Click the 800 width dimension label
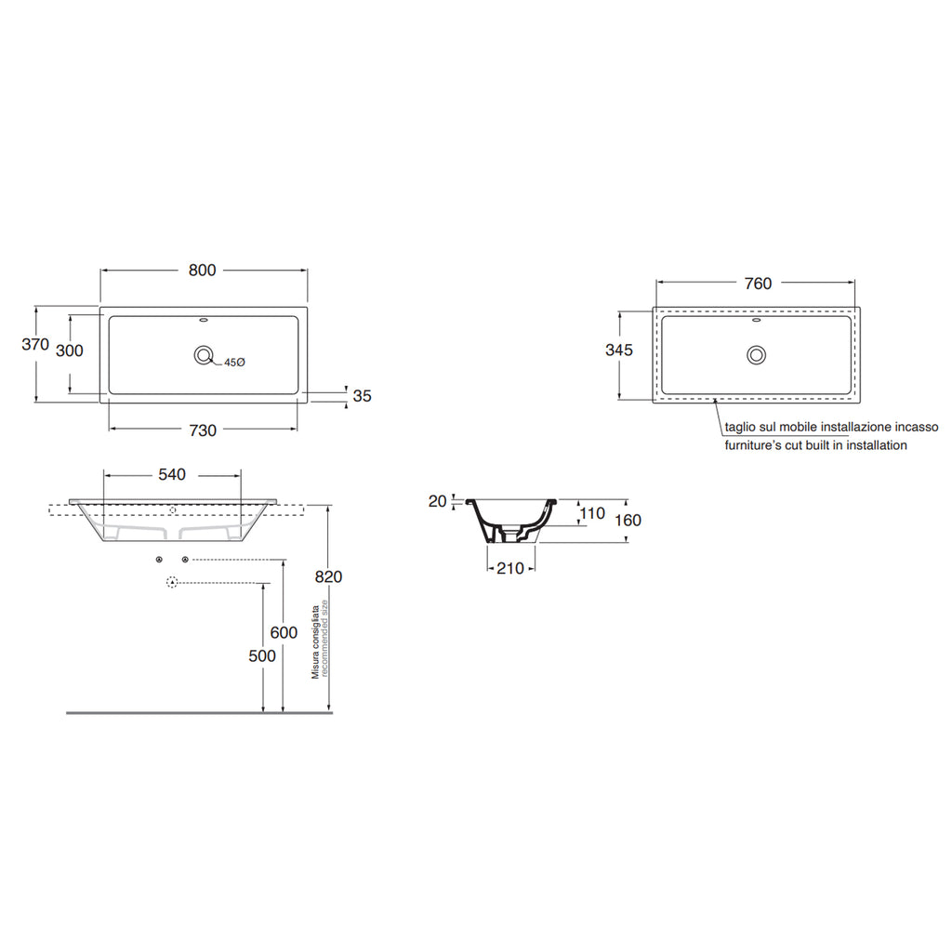202,270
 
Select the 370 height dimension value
35,344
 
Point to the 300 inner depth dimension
70,350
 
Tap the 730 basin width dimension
203,430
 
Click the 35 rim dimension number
362,396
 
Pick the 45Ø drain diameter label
233,363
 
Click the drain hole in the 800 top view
203,354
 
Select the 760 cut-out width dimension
758,284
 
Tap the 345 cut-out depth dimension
618,350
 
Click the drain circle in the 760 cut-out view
757,354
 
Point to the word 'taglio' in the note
742,428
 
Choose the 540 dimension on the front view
172,474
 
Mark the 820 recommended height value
328,576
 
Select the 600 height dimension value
284,632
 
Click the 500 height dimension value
263,655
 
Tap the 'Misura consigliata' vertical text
316,640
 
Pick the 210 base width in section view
509,569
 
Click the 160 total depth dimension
628,521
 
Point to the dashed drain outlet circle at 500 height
171,583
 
